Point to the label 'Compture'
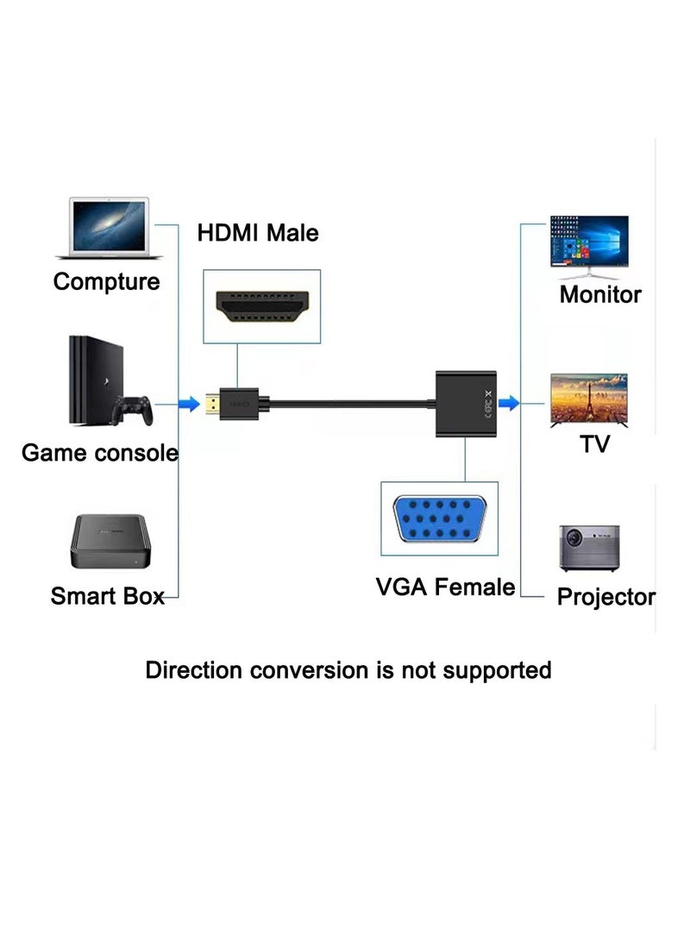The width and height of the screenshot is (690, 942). [x=106, y=281]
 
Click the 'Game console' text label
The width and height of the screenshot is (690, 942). [x=99, y=453]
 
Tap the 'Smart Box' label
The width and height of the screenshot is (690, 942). [x=107, y=596]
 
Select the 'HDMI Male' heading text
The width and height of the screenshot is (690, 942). [x=258, y=233]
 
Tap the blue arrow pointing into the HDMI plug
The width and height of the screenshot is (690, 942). [x=188, y=403]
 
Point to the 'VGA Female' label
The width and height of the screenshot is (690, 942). [x=445, y=587]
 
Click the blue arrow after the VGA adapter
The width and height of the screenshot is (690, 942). [x=510, y=402]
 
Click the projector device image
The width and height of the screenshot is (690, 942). [x=588, y=549]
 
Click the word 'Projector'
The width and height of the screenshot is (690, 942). [x=605, y=597]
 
